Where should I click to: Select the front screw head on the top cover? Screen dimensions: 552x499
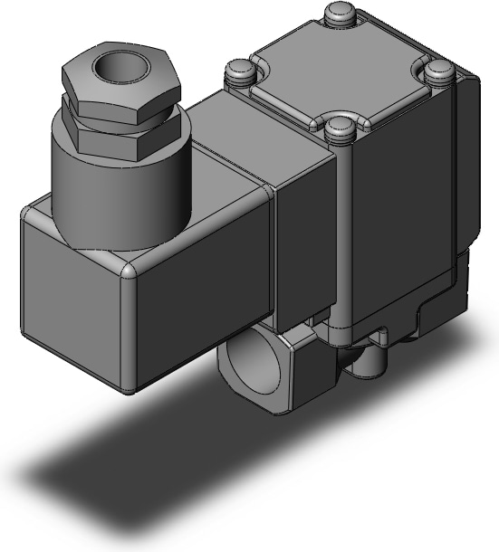(x=341, y=126)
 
